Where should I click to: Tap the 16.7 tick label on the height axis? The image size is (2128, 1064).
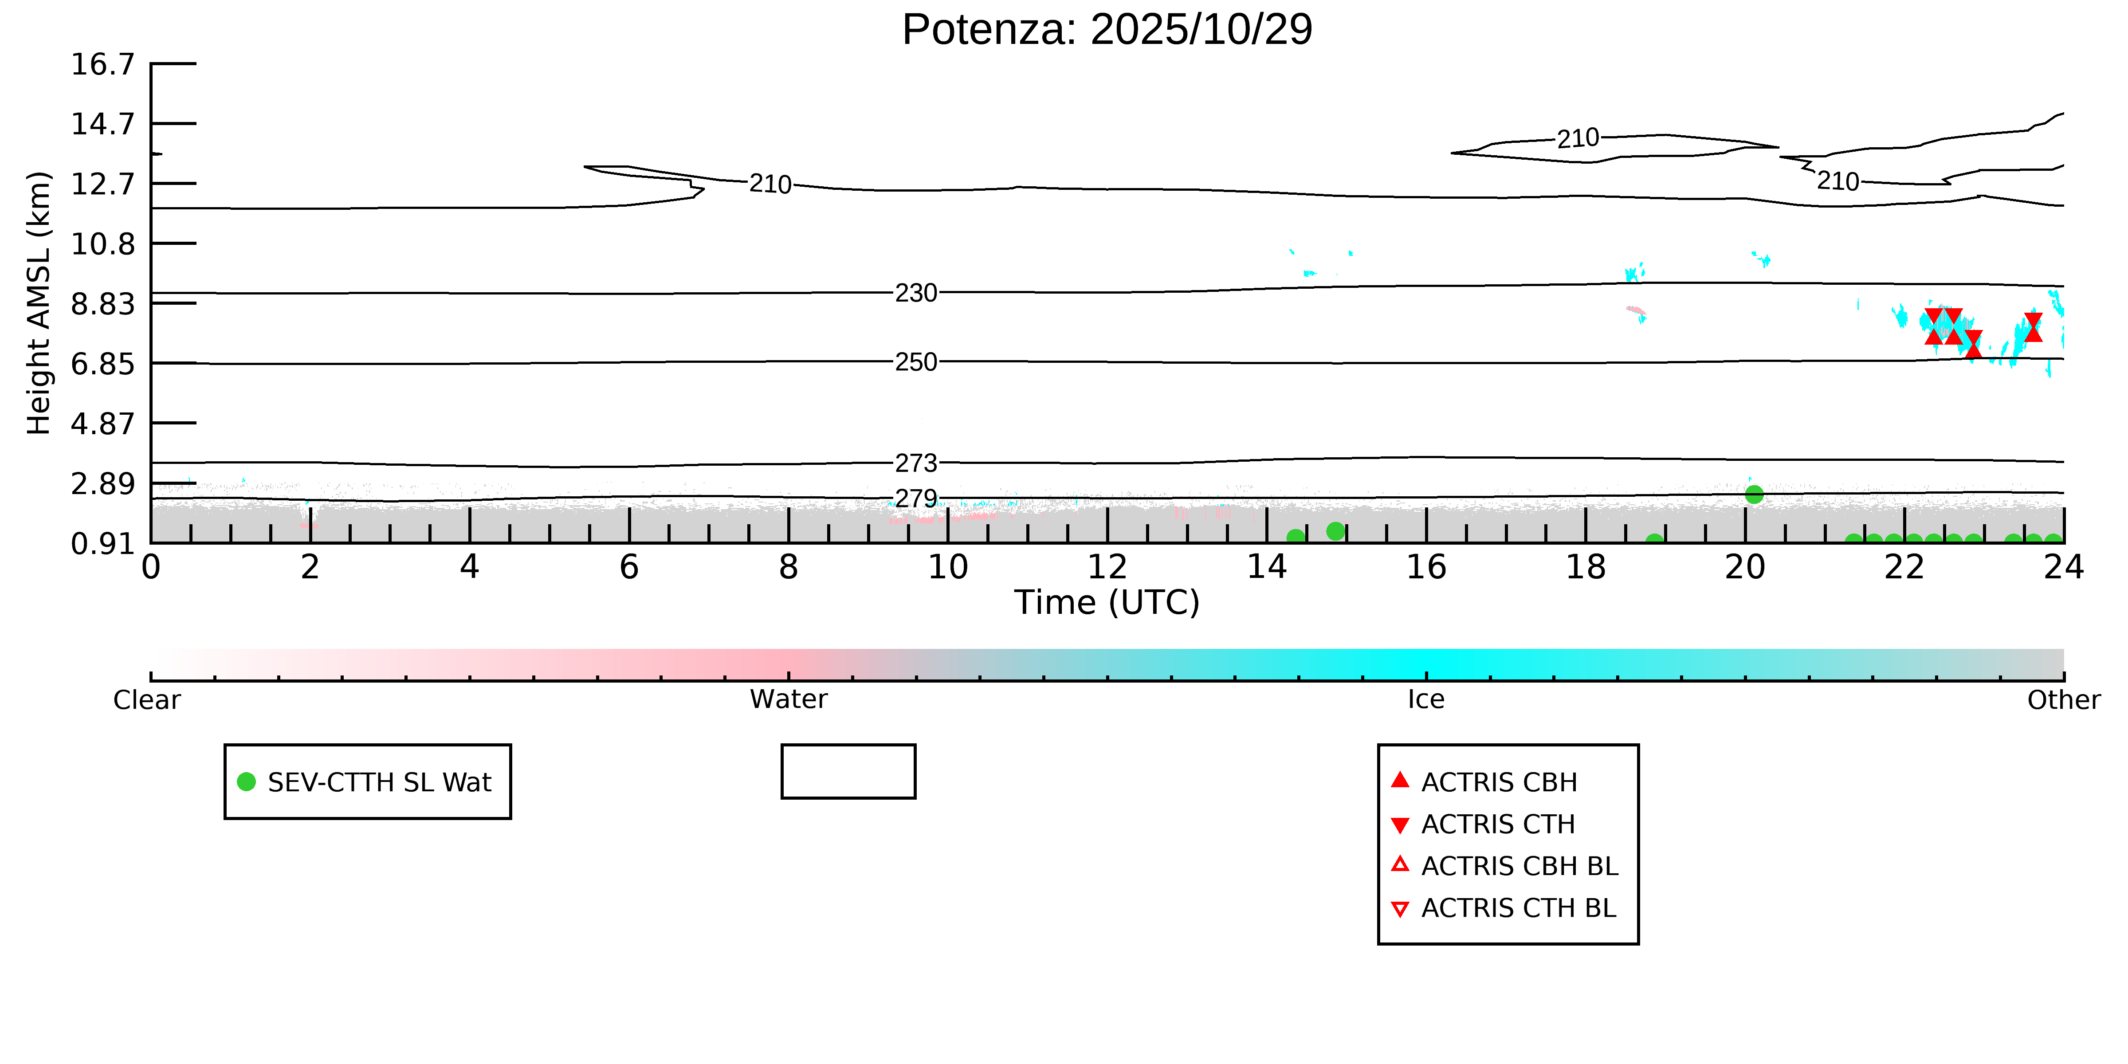tap(102, 64)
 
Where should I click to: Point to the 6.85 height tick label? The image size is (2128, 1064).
tap(102, 364)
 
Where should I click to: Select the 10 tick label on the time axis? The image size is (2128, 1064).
tap(947, 568)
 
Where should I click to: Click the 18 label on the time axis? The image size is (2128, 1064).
tap(1585, 568)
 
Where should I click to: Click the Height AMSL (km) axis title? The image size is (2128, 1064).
tap(39, 303)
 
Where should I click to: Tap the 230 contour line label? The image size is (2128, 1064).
tap(916, 293)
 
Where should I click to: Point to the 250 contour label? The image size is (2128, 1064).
tap(916, 362)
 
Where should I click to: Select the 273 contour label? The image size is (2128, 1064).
tap(916, 463)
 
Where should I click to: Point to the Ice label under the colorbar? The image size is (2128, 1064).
tap(1426, 700)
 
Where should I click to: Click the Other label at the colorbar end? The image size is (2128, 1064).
tap(2063, 700)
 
